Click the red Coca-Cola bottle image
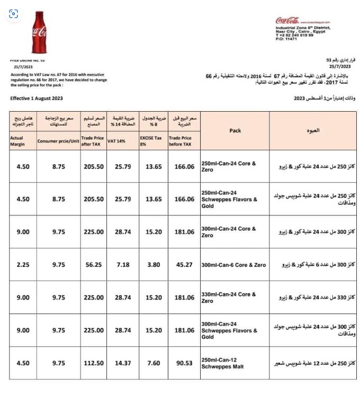(39, 33)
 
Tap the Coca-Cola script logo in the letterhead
(286, 21)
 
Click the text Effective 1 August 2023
(37, 98)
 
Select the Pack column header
(235, 131)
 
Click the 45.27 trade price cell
(184, 265)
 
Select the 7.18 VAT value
(123, 265)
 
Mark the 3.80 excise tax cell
(154, 265)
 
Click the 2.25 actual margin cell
(23, 265)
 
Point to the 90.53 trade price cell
(184, 363)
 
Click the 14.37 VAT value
(123, 363)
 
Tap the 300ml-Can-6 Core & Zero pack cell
(233, 265)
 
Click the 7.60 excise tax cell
(154, 363)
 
